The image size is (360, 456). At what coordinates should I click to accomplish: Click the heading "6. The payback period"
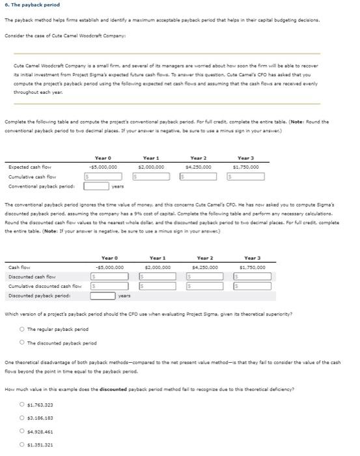point(32,6)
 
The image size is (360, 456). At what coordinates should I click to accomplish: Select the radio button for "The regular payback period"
point(23,329)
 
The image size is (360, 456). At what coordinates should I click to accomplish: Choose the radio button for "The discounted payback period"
point(23,343)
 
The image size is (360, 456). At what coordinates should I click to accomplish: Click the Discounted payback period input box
point(103,294)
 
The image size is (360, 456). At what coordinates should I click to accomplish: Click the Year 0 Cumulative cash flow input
point(107,176)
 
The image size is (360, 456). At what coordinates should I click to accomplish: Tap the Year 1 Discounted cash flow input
point(156,276)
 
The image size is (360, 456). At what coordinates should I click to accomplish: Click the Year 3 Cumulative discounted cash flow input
point(251,285)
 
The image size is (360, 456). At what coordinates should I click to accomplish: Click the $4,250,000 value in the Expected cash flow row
point(199,166)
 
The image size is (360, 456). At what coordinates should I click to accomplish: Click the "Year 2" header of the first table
point(199,157)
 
